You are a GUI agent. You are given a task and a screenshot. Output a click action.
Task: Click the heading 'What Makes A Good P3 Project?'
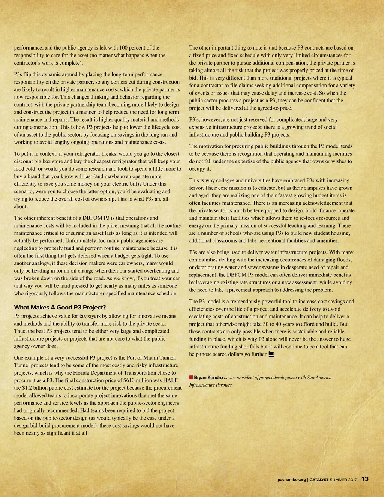(60, 308)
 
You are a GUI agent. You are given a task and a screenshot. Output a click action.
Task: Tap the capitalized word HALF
(170, 380)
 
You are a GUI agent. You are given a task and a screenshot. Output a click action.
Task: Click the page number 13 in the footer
(365, 479)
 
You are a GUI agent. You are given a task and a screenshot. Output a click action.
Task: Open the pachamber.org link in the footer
(292, 479)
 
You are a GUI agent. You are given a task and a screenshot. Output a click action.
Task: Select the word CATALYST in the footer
(319, 479)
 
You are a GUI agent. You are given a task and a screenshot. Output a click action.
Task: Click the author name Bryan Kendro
(208, 377)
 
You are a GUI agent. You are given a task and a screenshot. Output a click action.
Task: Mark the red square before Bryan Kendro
(191, 377)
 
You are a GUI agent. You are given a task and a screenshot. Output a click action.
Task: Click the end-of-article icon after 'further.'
(271, 354)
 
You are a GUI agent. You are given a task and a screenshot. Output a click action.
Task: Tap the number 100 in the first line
(124, 48)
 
